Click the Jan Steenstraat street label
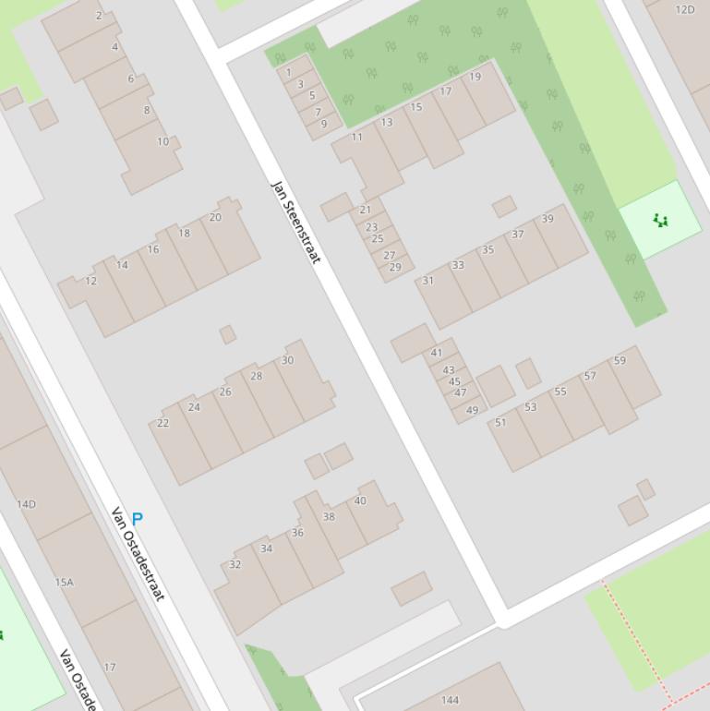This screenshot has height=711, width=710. click(295, 221)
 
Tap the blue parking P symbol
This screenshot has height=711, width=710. click(138, 519)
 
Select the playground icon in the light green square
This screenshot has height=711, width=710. click(659, 220)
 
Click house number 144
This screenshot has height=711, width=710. click(450, 700)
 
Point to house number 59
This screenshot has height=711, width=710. click(620, 360)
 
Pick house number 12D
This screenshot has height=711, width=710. click(684, 10)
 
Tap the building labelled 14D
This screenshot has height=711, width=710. click(26, 504)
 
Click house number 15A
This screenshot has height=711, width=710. click(64, 583)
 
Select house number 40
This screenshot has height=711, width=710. click(360, 500)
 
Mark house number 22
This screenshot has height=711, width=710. click(162, 423)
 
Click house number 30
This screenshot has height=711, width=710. click(287, 360)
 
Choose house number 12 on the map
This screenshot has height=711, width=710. click(90, 281)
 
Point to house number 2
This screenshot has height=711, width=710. click(99, 16)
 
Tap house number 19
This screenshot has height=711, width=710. click(475, 77)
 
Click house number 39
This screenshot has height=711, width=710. click(548, 219)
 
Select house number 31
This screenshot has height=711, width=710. click(428, 281)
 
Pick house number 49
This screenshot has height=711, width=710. click(473, 410)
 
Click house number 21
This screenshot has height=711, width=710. click(365, 210)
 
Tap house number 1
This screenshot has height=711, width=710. click(289, 72)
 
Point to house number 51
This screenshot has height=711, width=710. click(500, 422)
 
